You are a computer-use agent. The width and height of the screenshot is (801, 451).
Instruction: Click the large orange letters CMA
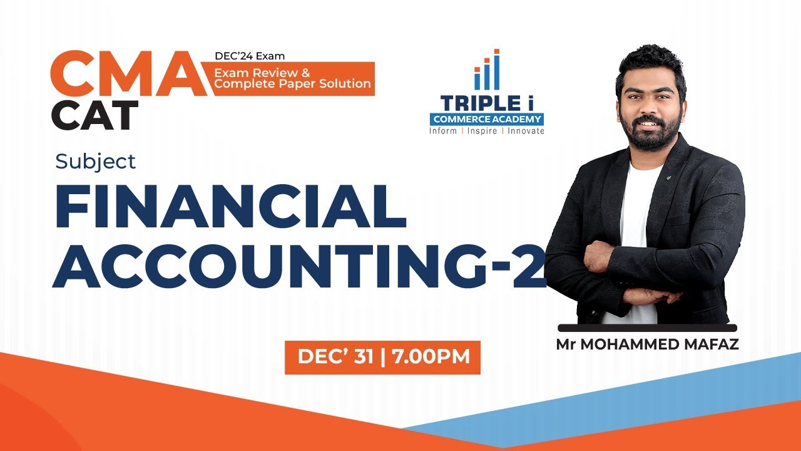click(128, 73)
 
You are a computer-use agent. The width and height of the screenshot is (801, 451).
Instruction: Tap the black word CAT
click(94, 115)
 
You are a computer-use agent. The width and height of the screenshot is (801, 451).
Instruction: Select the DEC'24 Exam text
click(249, 56)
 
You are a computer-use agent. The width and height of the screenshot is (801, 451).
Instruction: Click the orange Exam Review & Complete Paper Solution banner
click(293, 78)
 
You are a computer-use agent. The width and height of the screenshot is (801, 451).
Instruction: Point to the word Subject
click(95, 162)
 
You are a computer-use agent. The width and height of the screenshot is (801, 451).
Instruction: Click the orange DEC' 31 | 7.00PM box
click(382, 357)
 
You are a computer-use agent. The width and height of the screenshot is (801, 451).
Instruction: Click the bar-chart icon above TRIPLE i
click(487, 70)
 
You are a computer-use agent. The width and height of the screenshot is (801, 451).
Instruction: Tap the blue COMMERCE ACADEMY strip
click(486, 119)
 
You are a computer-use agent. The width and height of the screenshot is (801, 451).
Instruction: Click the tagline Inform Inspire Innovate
click(486, 131)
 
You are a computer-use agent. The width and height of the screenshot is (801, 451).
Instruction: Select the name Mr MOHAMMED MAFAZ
click(647, 345)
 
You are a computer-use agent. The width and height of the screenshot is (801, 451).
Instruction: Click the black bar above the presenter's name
click(647, 328)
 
